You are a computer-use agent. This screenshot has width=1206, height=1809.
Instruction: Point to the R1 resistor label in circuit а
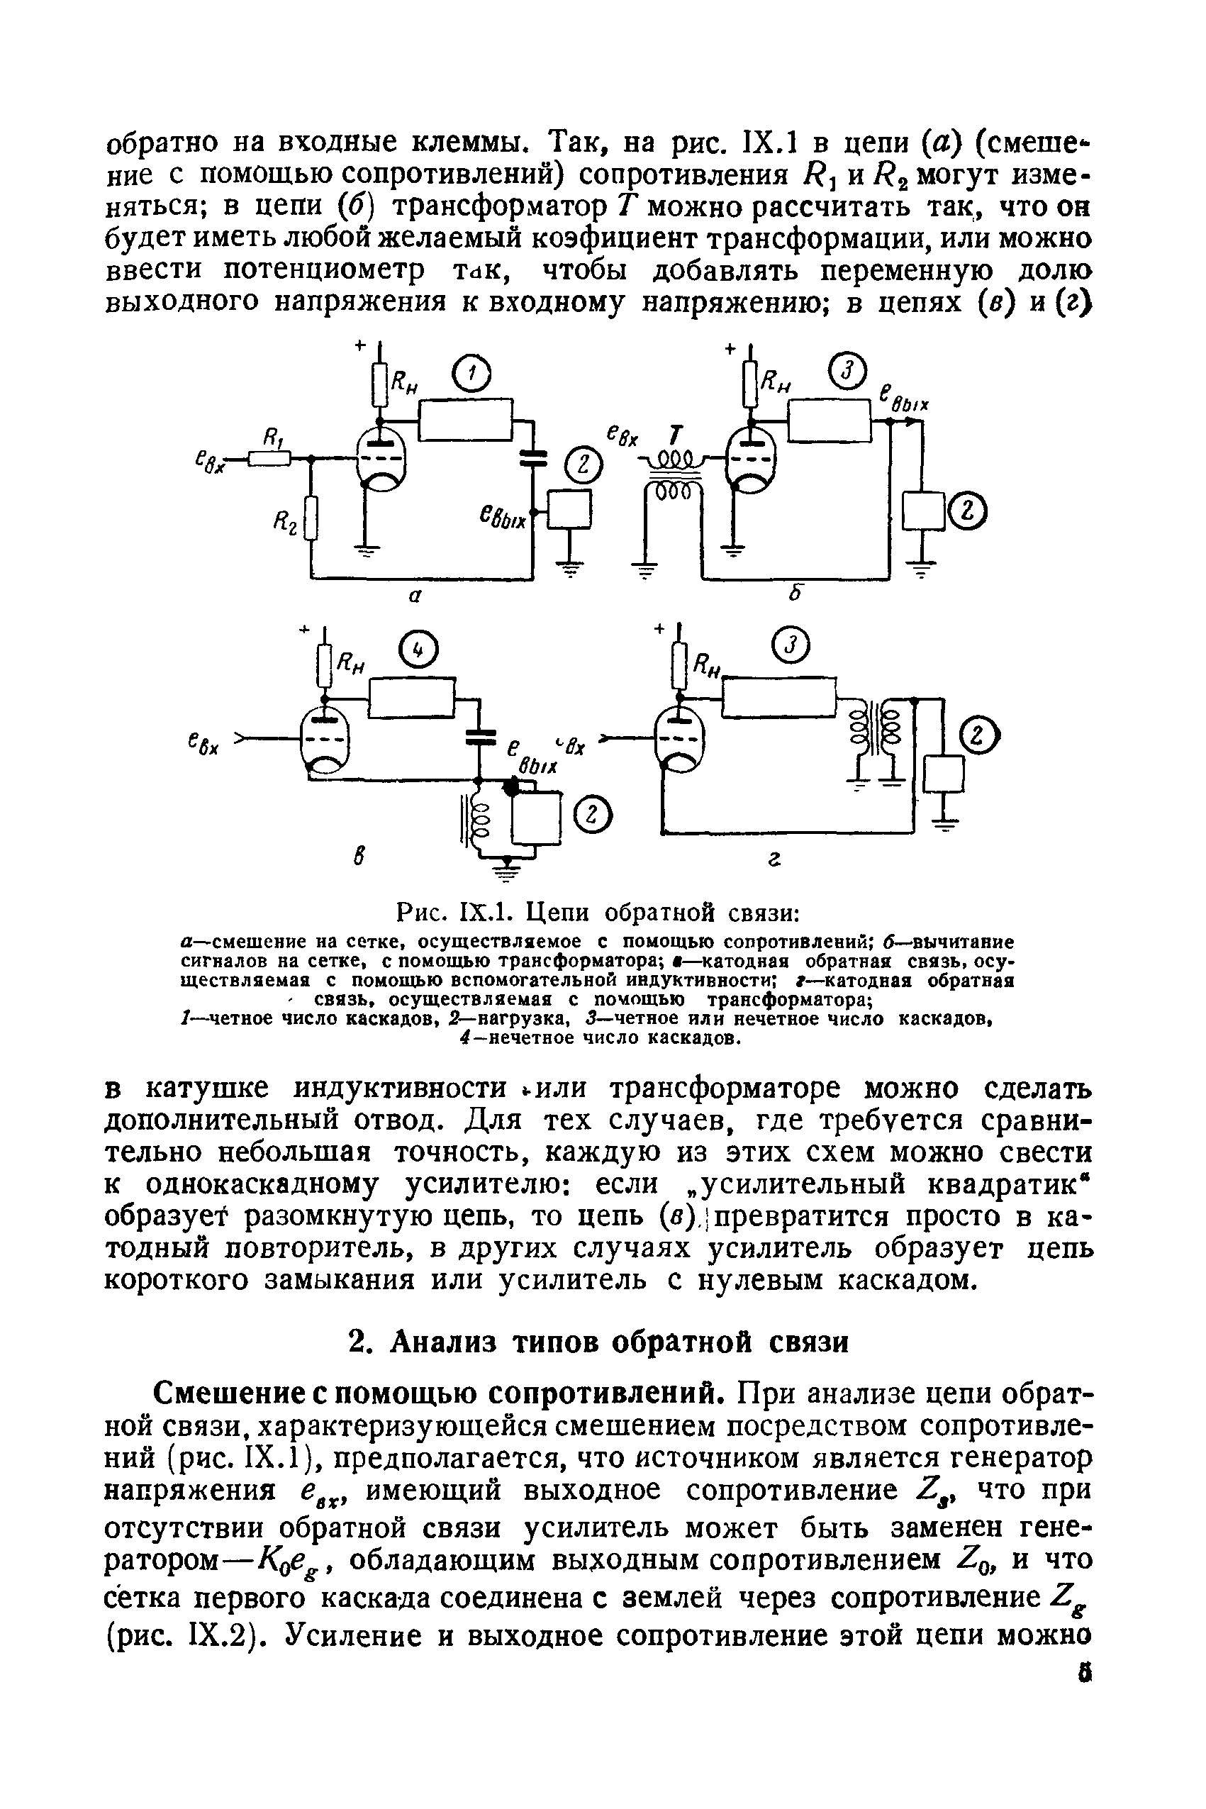271,438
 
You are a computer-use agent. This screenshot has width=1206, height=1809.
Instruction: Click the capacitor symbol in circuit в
479,737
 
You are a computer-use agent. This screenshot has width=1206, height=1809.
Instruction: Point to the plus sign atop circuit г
659,629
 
